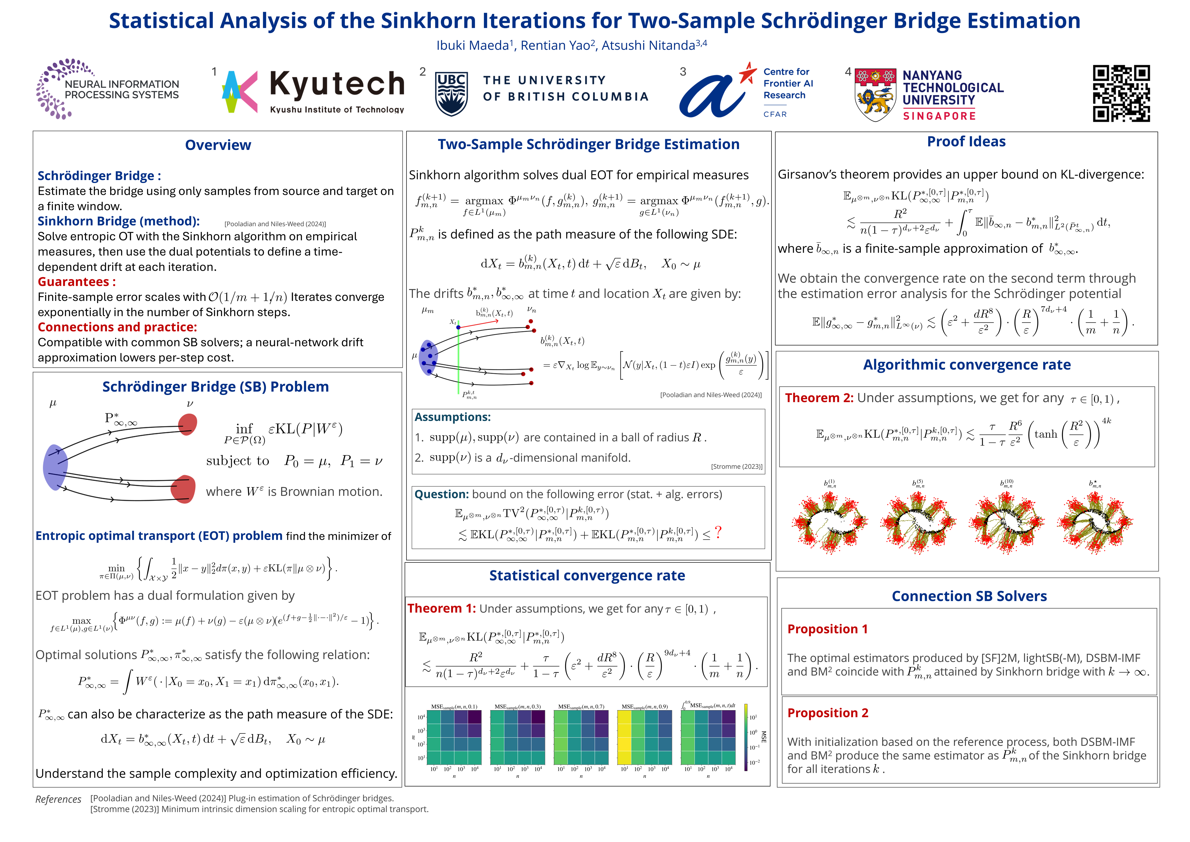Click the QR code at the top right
pos(1121,93)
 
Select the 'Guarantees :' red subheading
pos(77,282)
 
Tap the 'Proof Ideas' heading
pos(966,142)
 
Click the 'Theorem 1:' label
pos(441,609)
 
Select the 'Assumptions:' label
pos(452,417)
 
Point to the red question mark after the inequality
pos(718,532)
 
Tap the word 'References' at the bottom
pos(58,800)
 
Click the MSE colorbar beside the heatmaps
pos(746,736)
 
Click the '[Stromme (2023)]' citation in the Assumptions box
pos(736,467)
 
